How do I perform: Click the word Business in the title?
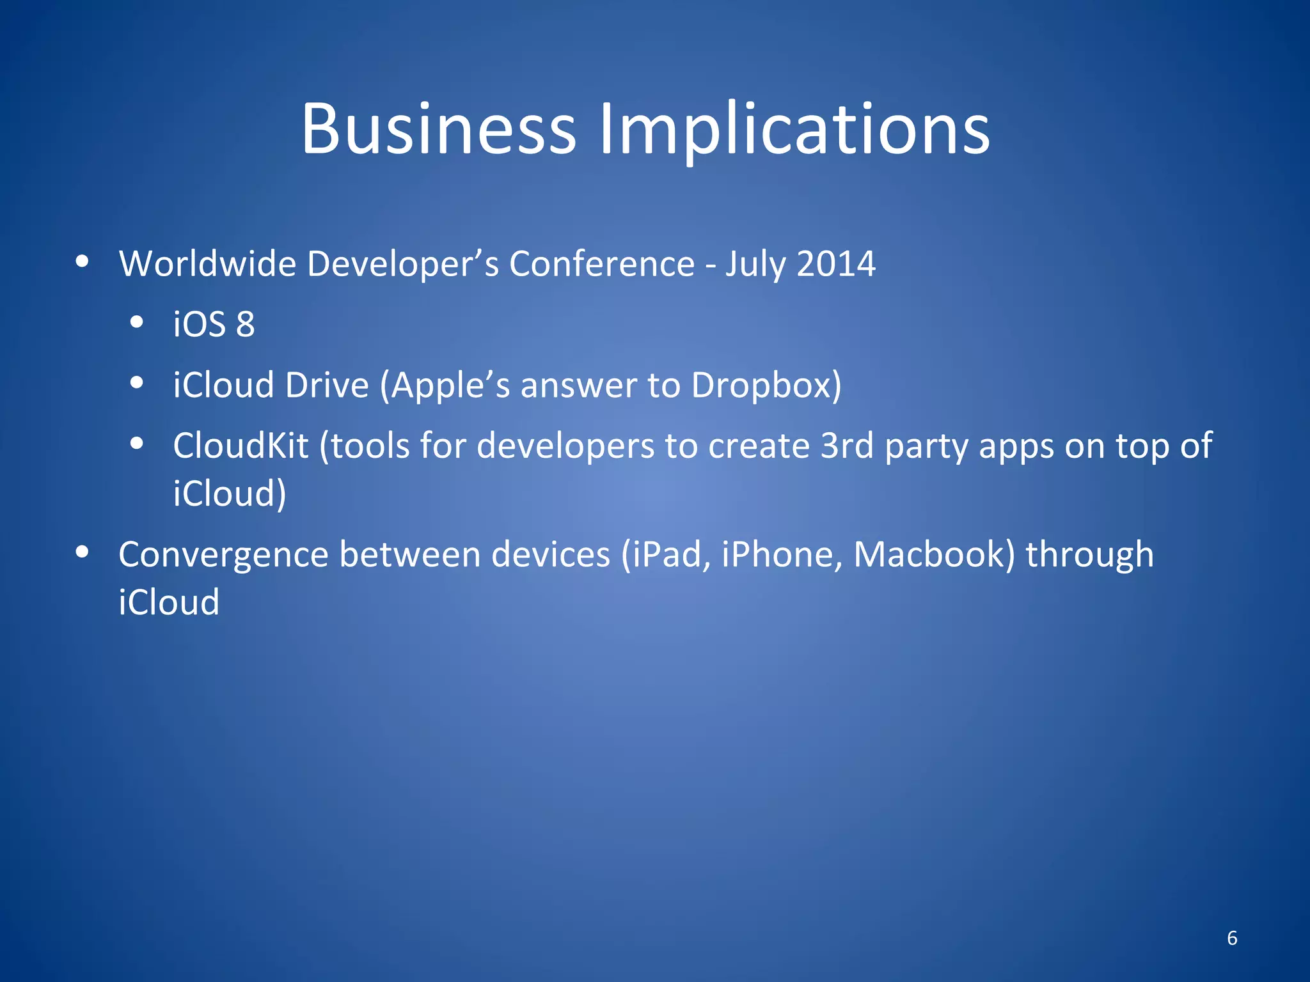(x=439, y=130)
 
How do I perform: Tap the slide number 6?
(x=1232, y=938)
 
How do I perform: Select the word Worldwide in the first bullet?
(x=207, y=263)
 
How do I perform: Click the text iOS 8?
(x=214, y=324)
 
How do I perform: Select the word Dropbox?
(x=766, y=386)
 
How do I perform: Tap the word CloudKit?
(x=241, y=446)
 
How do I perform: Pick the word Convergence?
(x=223, y=554)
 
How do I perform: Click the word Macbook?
(x=934, y=554)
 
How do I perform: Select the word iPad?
(x=666, y=554)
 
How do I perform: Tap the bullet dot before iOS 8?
(x=136, y=322)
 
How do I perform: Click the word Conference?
(x=602, y=263)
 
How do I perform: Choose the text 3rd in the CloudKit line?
(x=847, y=446)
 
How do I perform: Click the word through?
(x=1089, y=556)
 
